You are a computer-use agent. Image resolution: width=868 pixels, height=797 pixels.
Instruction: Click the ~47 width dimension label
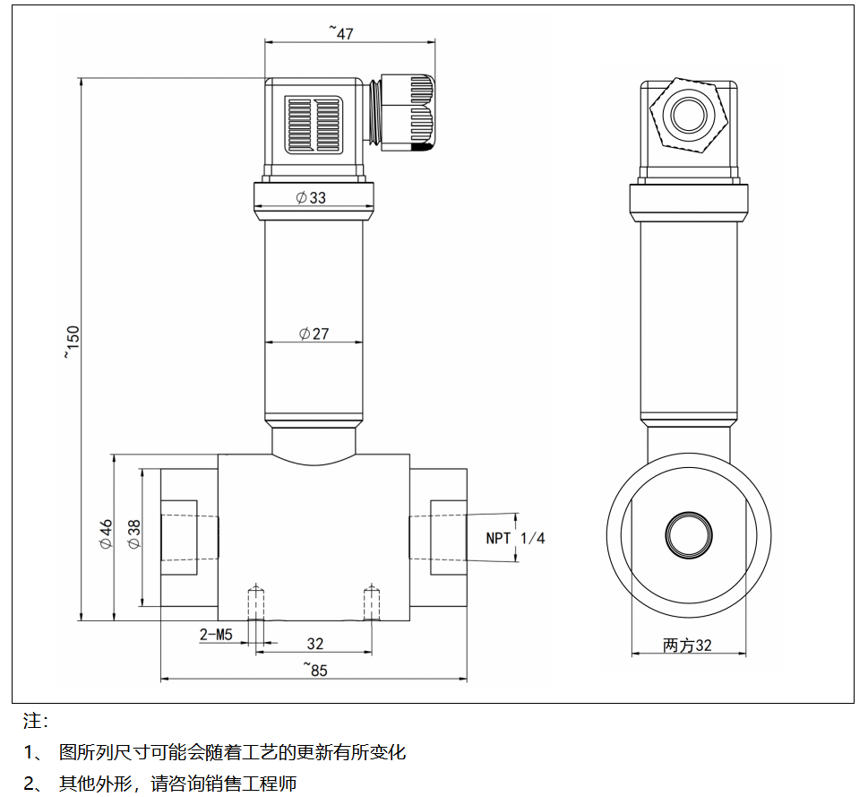pos(341,33)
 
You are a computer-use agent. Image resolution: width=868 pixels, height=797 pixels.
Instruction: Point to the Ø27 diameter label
pos(314,334)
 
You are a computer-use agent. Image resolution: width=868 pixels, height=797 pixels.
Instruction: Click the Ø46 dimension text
pos(106,534)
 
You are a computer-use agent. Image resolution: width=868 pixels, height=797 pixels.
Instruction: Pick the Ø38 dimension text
pos(133,534)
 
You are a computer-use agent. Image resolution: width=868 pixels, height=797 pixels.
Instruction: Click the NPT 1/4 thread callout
pos(515,538)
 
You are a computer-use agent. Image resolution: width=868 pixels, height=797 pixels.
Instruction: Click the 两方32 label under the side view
pos(687,645)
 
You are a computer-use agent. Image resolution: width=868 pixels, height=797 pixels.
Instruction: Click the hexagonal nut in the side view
pos(688,114)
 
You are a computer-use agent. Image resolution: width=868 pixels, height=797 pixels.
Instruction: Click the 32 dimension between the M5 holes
pos(315,644)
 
